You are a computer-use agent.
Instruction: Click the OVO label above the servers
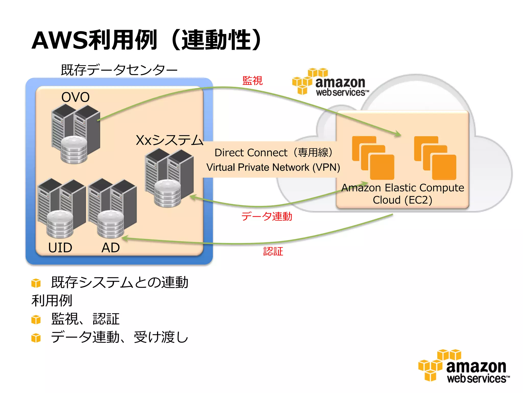click(75, 97)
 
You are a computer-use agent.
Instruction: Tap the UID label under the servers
click(60, 247)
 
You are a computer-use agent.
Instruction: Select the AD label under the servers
click(110, 247)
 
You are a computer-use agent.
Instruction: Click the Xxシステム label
click(169, 140)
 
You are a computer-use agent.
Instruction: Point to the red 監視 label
click(252, 81)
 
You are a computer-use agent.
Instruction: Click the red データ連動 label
click(267, 216)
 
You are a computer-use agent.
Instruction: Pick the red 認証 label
click(273, 251)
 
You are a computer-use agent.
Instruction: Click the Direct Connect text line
click(273, 153)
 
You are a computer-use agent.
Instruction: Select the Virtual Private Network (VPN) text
click(273, 167)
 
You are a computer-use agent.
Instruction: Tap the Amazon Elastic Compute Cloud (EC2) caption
click(402, 194)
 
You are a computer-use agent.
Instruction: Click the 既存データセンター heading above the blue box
click(119, 70)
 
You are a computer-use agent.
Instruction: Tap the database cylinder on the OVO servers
click(74, 150)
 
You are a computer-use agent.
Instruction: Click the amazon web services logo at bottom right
click(464, 366)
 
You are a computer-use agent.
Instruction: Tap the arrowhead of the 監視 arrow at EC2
click(398, 134)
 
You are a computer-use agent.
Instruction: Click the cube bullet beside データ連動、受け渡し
click(36, 338)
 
